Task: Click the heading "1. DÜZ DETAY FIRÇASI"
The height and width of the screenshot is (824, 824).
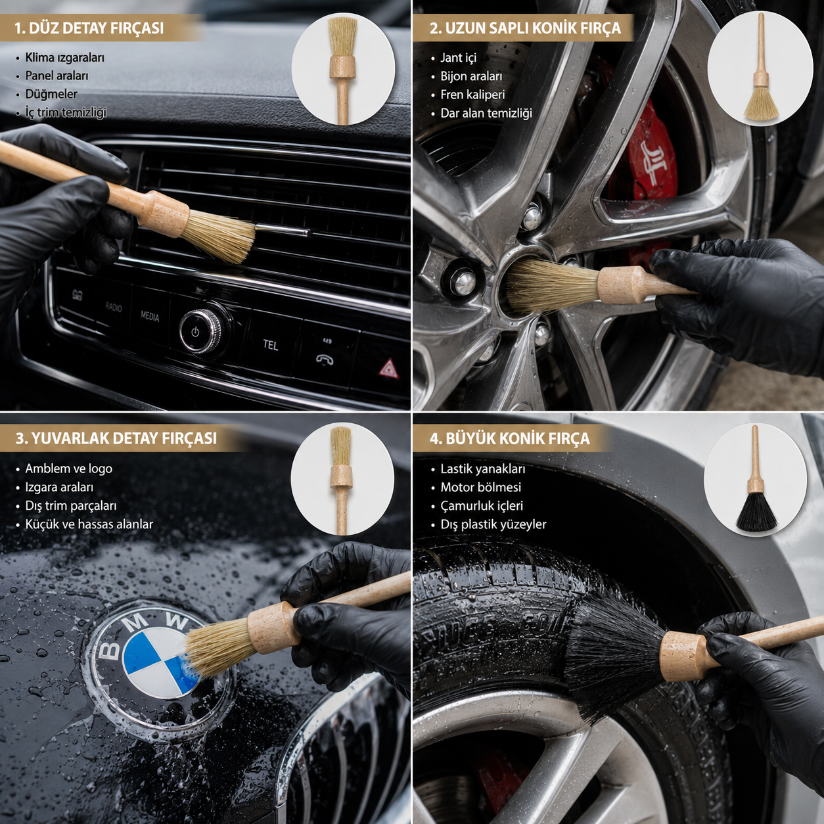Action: click(x=89, y=28)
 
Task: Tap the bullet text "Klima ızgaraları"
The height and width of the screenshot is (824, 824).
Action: click(x=64, y=57)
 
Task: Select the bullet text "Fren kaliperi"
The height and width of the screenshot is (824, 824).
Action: click(x=472, y=95)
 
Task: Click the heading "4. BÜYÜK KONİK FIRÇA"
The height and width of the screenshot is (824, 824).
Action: click(x=509, y=438)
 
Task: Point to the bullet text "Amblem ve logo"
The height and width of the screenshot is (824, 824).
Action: click(x=68, y=469)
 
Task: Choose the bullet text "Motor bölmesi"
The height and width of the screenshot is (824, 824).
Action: click(x=480, y=487)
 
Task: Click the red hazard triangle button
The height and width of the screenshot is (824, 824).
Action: click(x=389, y=369)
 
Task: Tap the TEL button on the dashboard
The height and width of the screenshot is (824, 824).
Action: click(x=270, y=345)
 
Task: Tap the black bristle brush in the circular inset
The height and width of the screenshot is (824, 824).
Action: click(x=756, y=479)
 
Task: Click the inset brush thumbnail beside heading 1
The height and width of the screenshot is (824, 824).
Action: click(x=342, y=70)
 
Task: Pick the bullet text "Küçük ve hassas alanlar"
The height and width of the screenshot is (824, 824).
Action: click(x=89, y=524)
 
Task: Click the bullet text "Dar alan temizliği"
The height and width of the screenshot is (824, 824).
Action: click(x=486, y=113)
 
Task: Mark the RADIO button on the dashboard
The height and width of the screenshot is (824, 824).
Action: click(x=113, y=307)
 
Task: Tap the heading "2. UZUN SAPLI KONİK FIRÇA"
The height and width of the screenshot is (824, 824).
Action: click(x=525, y=28)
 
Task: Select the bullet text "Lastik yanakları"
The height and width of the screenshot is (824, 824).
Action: click(x=483, y=469)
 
